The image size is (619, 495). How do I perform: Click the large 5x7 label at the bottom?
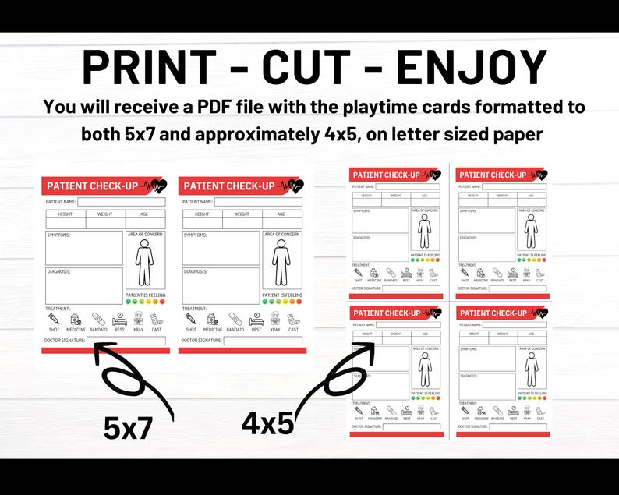[x=128, y=428]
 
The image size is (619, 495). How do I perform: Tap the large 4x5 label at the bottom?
[x=267, y=423]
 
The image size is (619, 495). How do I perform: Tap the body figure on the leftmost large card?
[x=145, y=263]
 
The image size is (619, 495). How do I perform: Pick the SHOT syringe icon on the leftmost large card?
[x=54, y=319]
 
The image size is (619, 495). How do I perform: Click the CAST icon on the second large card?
[x=293, y=319]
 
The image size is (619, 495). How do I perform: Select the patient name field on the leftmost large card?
[x=121, y=202]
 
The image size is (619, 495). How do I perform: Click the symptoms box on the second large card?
[x=221, y=248]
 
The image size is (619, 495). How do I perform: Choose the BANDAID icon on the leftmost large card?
[x=98, y=319]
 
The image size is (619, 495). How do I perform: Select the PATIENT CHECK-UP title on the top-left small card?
[x=387, y=175]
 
